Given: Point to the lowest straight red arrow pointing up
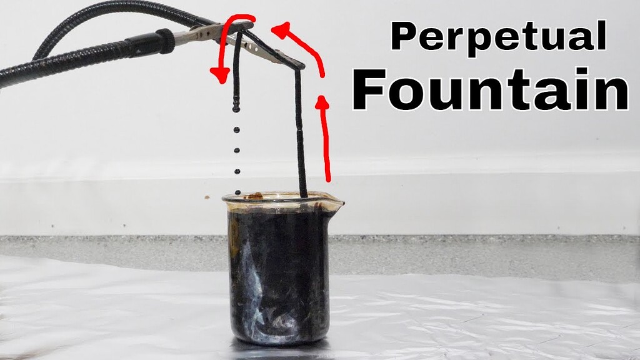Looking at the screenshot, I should [x=324, y=137].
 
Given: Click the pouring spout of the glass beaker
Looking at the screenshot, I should [x=337, y=202].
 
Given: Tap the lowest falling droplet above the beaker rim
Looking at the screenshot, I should [x=237, y=192].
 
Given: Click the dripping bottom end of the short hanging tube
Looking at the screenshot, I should [x=236, y=109].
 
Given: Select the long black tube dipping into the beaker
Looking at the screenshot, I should [x=301, y=137].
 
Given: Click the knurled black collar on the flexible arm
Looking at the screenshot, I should [x=165, y=41].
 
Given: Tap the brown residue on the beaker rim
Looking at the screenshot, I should [x=253, y=196].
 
